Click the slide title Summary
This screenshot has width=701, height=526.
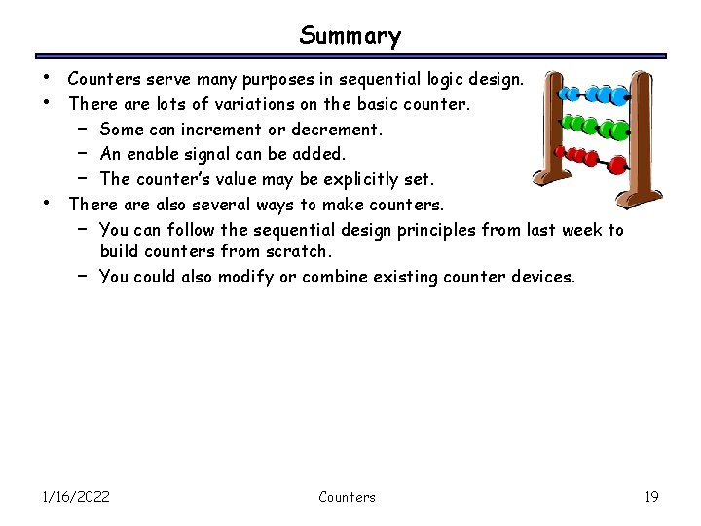350,36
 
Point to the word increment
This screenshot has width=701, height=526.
228,130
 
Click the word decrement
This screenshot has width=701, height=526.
337,130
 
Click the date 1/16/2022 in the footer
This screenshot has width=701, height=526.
76,497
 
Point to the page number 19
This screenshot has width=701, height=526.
651,497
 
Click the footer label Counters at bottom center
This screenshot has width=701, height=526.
347,497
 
